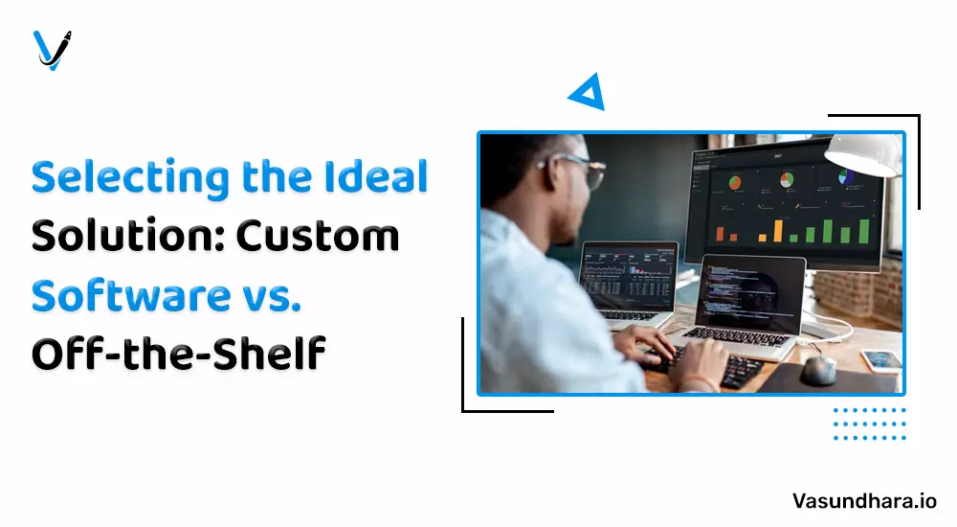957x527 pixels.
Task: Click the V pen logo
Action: [52, 50]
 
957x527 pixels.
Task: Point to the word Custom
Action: [318, 236]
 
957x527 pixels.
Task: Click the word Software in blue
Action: [130, 295]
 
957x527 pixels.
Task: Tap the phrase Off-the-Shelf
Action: [178, 354]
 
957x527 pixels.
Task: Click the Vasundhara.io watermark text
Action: [864, 501]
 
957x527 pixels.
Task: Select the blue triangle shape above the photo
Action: [589, 93]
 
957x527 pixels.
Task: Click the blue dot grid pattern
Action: [869, 424]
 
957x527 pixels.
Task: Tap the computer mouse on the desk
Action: [818, 369]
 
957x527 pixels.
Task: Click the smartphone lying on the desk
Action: [881, 359]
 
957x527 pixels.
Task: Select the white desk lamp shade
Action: [863, 154]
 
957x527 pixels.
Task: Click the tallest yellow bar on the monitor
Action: [778, 231]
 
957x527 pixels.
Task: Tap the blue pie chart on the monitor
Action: [846, 176]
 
